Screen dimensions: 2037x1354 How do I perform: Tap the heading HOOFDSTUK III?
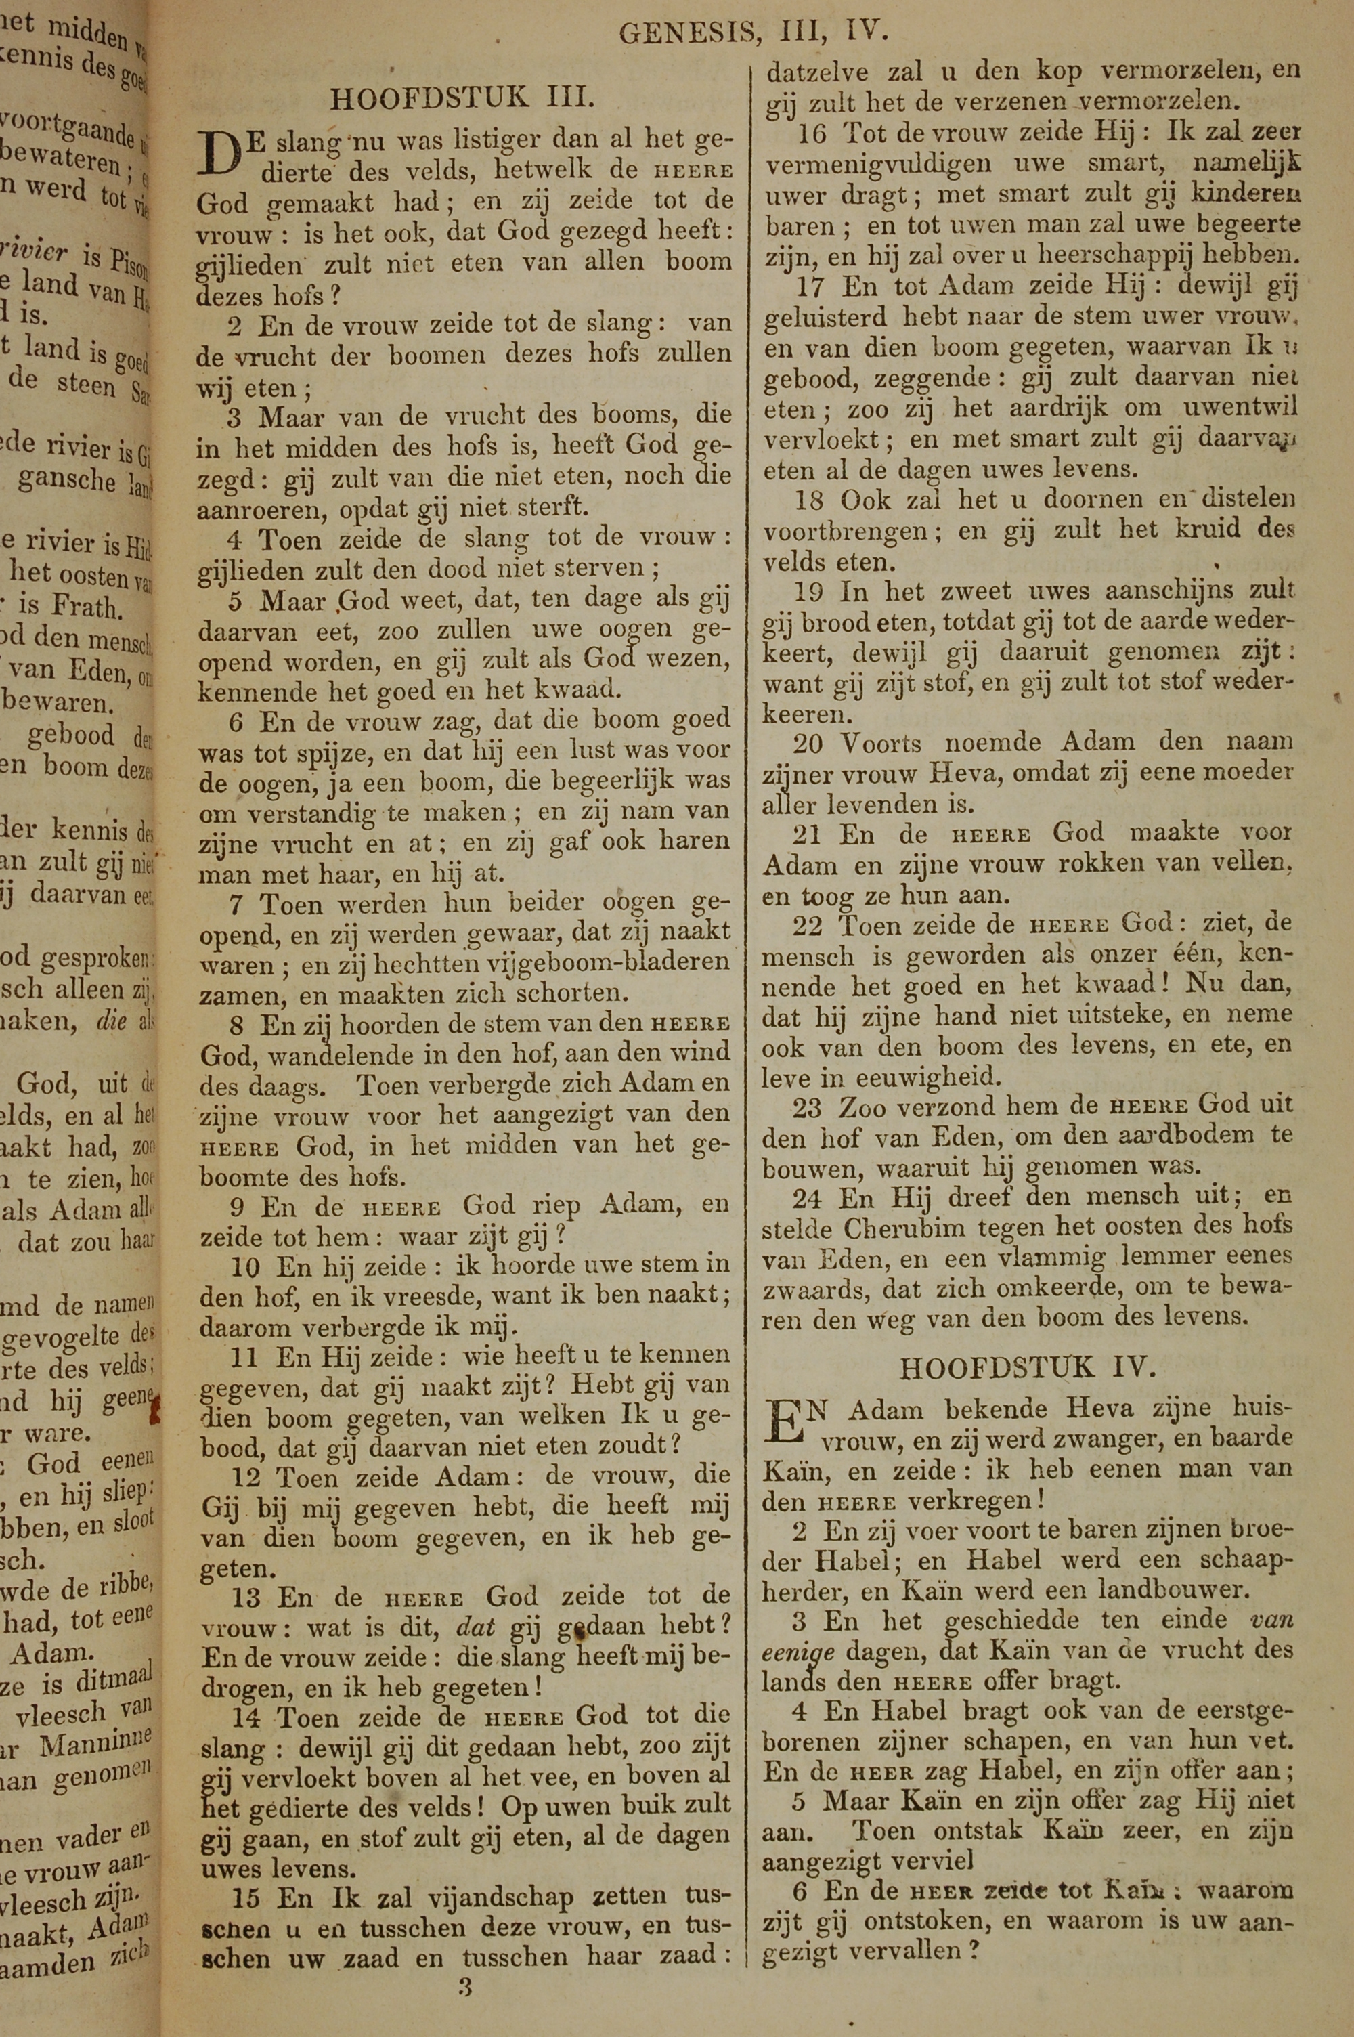click(x=462, y=98)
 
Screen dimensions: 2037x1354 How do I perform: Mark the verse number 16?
click(x=812, y=134)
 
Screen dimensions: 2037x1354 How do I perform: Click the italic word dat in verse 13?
click(x=476, y=1627)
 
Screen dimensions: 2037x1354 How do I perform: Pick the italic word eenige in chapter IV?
click(x=799, y=1651)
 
